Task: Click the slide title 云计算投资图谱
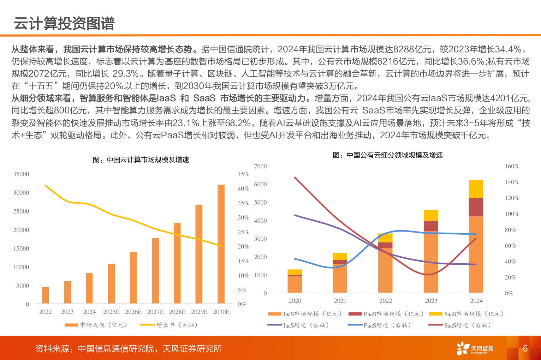[x=64, y=24]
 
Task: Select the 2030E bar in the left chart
[x=221, y=244]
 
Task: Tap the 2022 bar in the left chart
[x=45, y=295]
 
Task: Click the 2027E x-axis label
[x=155, y=312]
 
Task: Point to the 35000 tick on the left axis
[x=21, y=174]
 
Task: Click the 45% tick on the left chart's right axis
[x=243, y=174]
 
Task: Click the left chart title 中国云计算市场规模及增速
[x=141, y=160]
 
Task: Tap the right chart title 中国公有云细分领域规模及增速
[x=387, y=155]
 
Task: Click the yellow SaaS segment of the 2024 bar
[x=476, y=189]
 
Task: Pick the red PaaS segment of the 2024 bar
[x=476, y=207]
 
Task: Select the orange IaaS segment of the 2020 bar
[x=295, y=284]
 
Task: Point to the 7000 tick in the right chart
[x=260, y=166]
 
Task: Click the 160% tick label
[x=512, y=166]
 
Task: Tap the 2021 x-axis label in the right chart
[x=340, y=301]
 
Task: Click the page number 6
[x=525, y=349]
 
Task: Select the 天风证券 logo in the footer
[x=475, y=349]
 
